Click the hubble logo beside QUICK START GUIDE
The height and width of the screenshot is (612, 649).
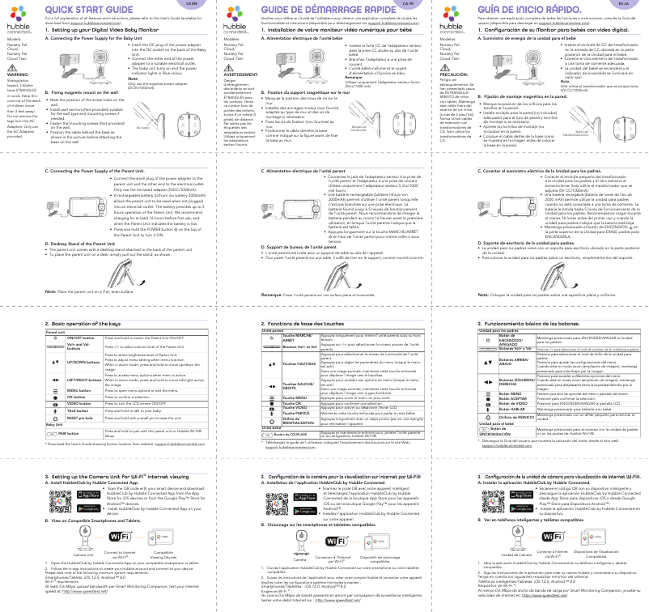[x=19, y=20]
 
